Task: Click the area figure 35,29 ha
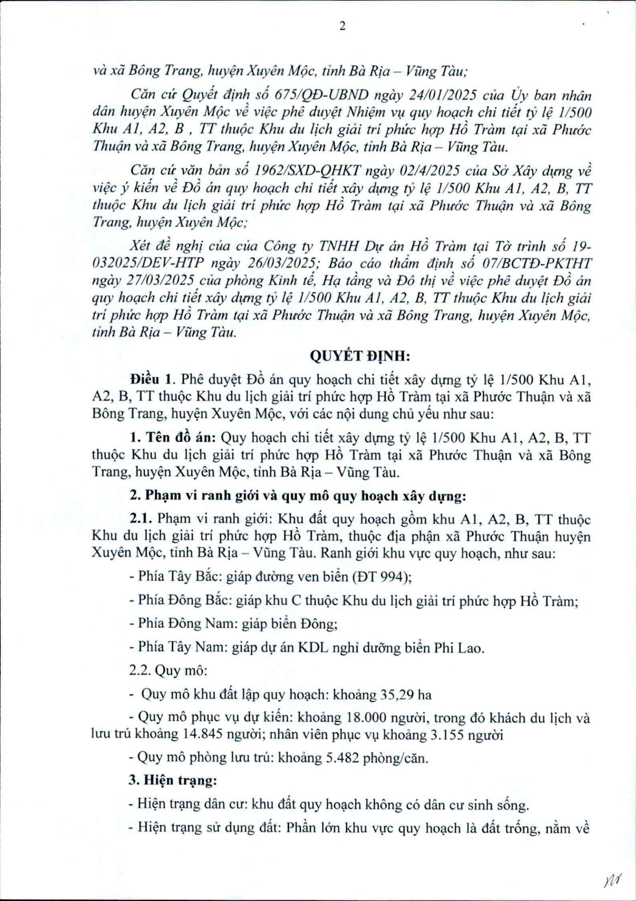click(404, 695)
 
